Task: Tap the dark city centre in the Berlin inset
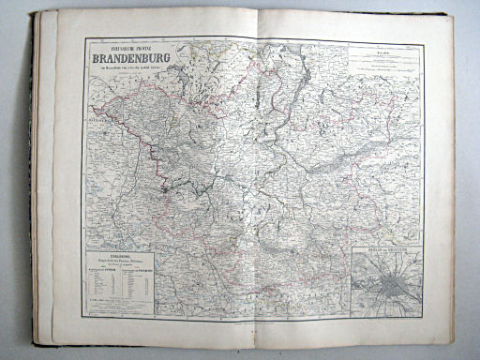(x=385, y=281)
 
